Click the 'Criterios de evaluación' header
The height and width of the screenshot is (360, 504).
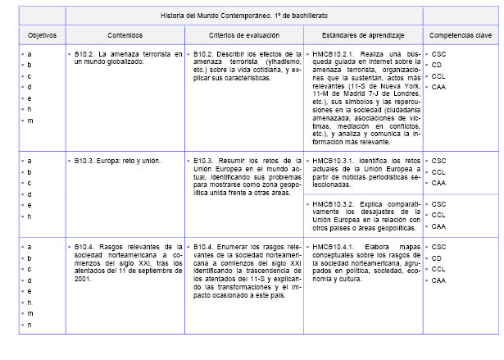[x=242, y=35]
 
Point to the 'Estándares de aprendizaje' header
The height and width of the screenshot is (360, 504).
[x=361, y=35]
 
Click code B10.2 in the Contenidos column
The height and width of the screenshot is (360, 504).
[x=85, y=54]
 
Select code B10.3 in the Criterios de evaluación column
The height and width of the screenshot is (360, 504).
[x=204, y=160]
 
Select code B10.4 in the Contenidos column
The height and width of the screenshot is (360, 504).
[x=85, y=245]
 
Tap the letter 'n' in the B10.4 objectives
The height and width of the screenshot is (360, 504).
[x=30, y=325]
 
